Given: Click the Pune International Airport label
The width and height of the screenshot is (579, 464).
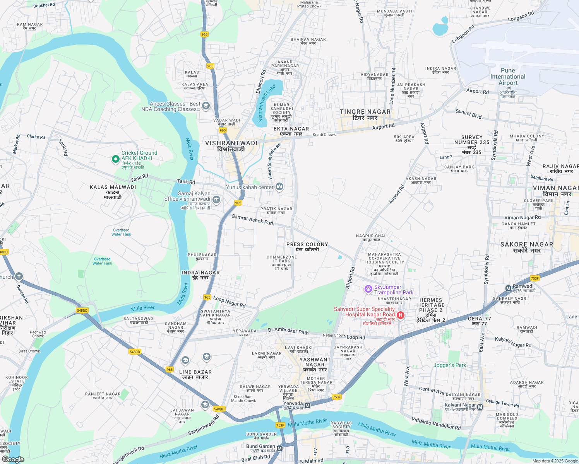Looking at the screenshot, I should pyautogui.click(x=508, y=77).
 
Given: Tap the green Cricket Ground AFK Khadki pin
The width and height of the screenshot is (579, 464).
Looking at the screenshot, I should pyautogui.click(x=115, y=159).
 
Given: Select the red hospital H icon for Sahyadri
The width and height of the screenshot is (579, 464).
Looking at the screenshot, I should pyautogui.click(x=401, y=315).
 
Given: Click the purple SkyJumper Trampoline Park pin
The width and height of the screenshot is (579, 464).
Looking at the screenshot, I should pyautogui.click(x=368, y=289).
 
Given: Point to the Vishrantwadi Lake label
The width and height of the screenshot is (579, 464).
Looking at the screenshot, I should pyautogui.click(x=267, y=103).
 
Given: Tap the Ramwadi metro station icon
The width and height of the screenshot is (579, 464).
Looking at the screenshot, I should pyautogui.click(x=508, y=288).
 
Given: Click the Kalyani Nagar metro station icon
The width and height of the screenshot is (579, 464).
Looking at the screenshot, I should pyautogui.click(x=480, y=407).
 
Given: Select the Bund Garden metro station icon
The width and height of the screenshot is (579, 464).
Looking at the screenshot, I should pyautogui.click(x=279, y=449).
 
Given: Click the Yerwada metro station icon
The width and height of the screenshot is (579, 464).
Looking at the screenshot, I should pyautogui.click(x=308, y=405).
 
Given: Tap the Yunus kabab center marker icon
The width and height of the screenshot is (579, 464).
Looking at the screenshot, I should pyautogui.click(x=279, y=187).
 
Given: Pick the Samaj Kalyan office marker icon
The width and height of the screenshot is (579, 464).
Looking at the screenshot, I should pyautogui.click(x=216, y=200).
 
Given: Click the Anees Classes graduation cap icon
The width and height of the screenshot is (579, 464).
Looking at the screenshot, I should pyautogui.click(x=206, y=106).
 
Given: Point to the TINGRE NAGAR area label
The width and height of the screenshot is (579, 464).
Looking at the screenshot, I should pyautogui.click(x=365, y=112).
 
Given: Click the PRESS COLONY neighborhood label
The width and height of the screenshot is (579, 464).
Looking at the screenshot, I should pyautogui.click(x=307, y=244).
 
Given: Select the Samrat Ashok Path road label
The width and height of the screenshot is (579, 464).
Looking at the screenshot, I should pyautogui.click(x=253, y=220).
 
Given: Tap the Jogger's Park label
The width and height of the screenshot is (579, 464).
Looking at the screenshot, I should pyautogui.click(x=450, y=365).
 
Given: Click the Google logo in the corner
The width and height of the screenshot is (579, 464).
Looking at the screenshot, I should pyautogui.click(x=13, y=459).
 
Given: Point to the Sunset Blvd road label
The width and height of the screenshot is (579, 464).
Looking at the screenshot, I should pyautogui.click(x=468, y=114).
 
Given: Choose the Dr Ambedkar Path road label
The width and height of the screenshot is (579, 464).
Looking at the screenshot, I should pyautogui.click(x=288, y=331).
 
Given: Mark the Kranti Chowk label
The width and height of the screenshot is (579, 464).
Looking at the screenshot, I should pyautogui.click(x=324, y=135).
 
